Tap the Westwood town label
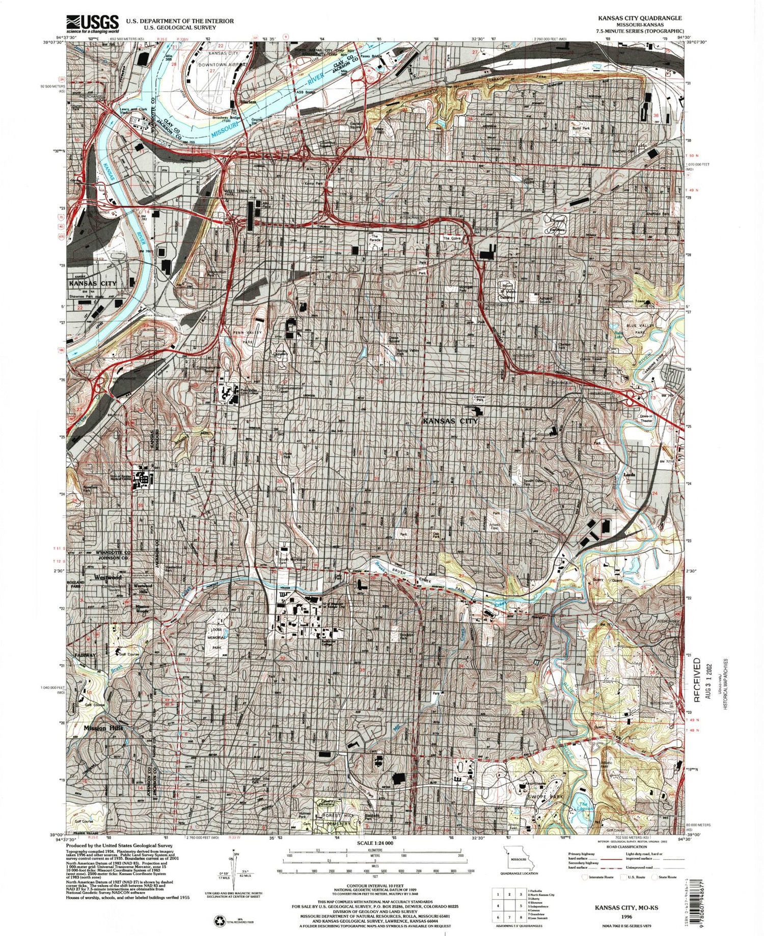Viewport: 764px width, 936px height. tap(107, 578)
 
